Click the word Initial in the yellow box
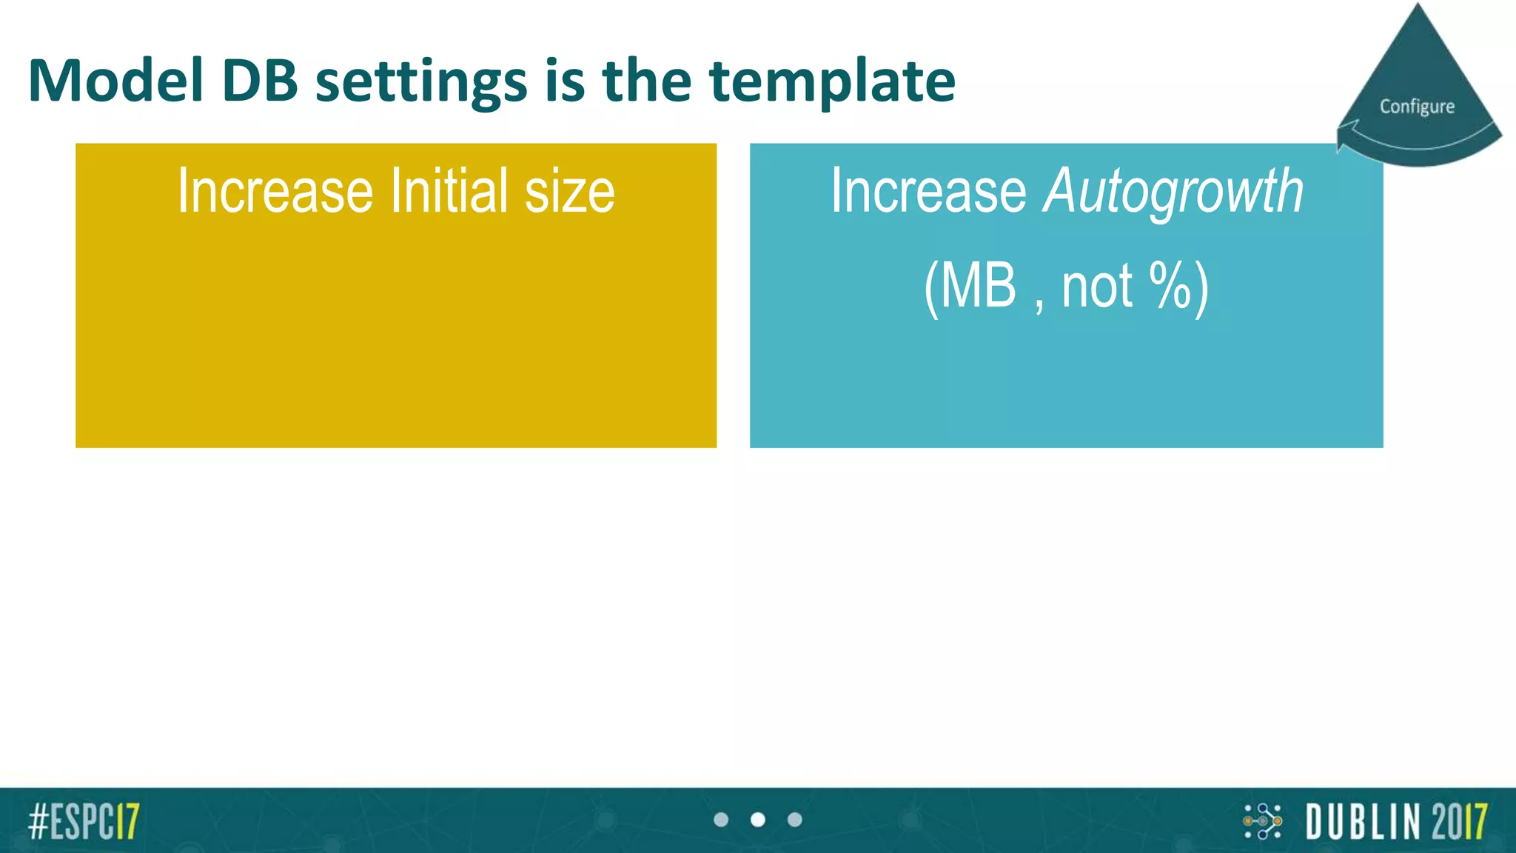(449, 191)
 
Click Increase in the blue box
(928, 191)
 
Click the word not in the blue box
(1096, 287)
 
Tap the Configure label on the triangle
(1417, 107)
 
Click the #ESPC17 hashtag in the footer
(84, 820)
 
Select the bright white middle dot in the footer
(757, 820)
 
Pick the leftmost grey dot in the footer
(721, 820)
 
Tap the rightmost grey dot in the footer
(794, 820)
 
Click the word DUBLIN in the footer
(1364, 821)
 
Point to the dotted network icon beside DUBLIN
(1263, 821)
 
